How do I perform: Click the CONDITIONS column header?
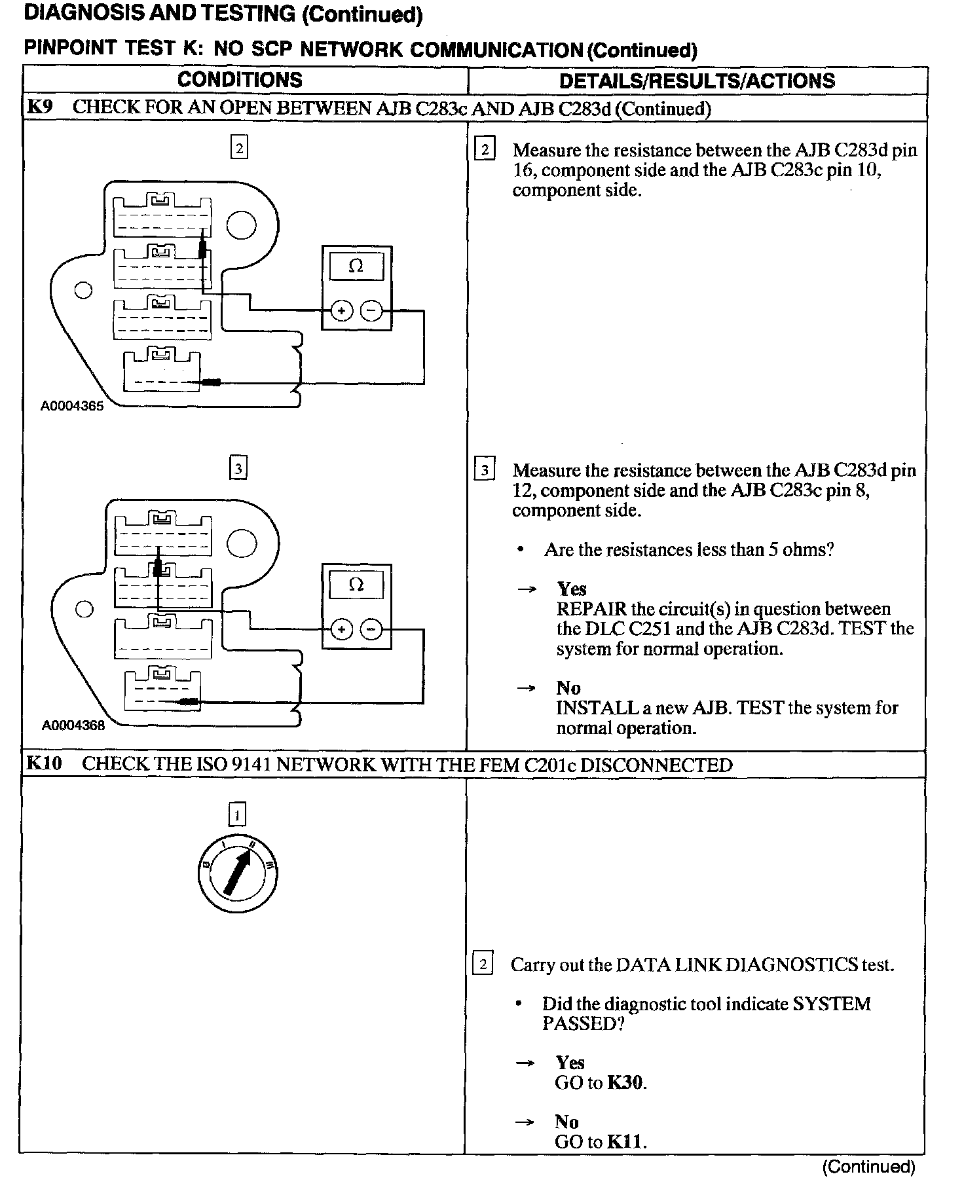[x=240, y=80]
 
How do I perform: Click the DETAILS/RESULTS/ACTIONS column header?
[x=697, y=81]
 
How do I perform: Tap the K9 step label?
[x=39, y=107]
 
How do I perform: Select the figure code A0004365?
[x=72, y=406]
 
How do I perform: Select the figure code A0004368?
[x=73, y=725]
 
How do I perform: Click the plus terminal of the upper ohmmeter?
[x=341, y=310]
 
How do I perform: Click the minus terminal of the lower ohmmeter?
[x=371, y=630]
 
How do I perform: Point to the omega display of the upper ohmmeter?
[x=356, y=266]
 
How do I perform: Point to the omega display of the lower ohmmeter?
[x=356, y=585]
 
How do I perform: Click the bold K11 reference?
[x=625, y=1142]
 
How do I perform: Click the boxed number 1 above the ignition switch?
[x=237, y=814]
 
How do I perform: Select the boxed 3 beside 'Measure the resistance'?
[x=485, y=470]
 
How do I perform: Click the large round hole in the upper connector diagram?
[x=242, y=225]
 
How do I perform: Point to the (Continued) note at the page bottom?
[x=868, y=1166]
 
